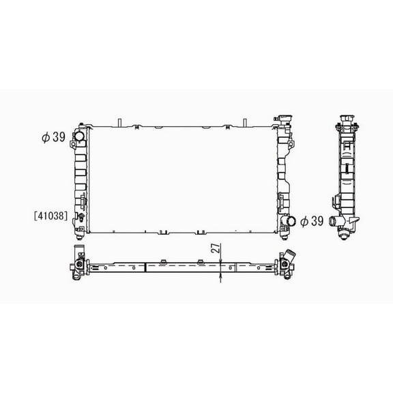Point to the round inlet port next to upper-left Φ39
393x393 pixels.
click(x=78, y=137)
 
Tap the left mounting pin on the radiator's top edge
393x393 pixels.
click(x=119, y=123)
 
